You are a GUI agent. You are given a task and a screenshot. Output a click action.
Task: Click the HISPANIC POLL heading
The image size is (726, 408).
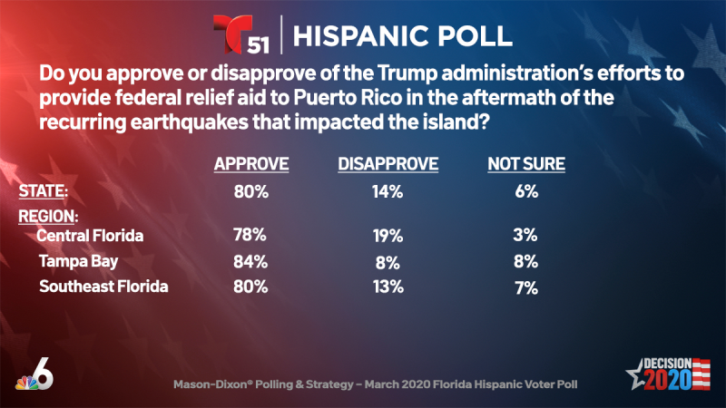[403, 35]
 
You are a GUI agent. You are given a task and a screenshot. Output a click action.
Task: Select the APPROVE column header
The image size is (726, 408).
[250, 164]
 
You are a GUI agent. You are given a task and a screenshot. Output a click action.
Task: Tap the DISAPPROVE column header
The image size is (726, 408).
[388, 164]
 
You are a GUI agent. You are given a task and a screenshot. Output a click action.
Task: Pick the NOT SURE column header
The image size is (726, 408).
[526, 164]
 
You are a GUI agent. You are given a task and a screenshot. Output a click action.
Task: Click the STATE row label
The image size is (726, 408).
[44, 192]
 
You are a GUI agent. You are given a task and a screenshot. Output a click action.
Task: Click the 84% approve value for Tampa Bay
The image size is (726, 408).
[250, 262]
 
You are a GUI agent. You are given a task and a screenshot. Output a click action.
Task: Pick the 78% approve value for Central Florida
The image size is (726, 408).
[250, 236]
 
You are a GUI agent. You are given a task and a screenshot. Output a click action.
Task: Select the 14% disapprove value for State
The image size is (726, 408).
[388, 193]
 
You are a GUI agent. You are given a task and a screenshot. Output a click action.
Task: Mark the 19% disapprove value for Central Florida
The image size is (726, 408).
[388, 236]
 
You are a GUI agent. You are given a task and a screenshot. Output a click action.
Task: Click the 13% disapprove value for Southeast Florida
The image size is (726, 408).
[388, 289]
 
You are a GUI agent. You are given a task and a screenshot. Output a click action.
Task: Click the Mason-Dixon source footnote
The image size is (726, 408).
[363, 384]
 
